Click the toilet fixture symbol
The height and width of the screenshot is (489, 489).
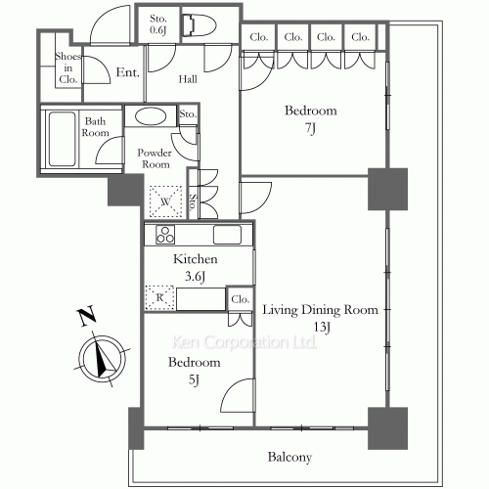pyautogui.click(x=200, y=25)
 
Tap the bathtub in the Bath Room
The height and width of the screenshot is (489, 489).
pyautogui.click(x=62, y=139)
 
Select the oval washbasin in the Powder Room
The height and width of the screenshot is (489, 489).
pyautogui.click(x=151, y=116)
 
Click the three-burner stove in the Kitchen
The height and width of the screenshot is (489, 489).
pyautogui.click(x=165, y=235)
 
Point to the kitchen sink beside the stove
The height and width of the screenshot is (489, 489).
pyautogui.click(x=227, y=235)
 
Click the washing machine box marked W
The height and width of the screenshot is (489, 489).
pyautogui.click(x=165, y=201)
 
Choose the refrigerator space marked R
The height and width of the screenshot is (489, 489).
pyautogui.click(x=159, y=297)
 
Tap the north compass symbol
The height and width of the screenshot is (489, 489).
pyautogui.click(x=103, y=358)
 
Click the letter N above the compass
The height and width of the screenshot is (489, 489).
pyautogui.click(x=86, y=316)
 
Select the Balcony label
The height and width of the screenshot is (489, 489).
pyautogui.click(x=289, y=457)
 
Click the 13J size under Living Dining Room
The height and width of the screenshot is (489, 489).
pyautogui.click(x=322, y=327)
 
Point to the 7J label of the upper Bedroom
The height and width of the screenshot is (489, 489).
pyautogui.click(x=311, y=128)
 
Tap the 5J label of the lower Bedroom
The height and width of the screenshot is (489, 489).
pyautogui.click(x=194, y=379)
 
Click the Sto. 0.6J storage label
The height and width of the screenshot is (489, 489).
pyautogui.click(x=158, y=24)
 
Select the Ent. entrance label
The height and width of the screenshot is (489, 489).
pyautogui.click(x=128, y=72)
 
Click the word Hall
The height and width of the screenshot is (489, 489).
pyautogui.click(x=188, y=79)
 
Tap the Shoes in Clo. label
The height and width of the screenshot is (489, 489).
pyautogui.click(x=67, y=67)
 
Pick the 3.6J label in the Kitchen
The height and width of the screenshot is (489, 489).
pyautogui.click(x=195, y=277)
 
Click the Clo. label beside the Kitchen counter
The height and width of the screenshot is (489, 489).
pyautogui.click(x=241, y=299)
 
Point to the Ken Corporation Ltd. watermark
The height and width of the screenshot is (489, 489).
pyautogui.click(x=244, y=342)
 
